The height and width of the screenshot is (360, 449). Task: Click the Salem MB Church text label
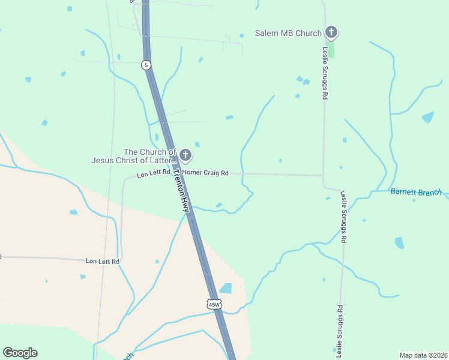click(x=288, y=33)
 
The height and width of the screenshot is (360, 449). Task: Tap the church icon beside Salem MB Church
click(x=330, y=32)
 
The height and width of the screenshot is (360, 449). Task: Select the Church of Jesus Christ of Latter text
click(x=133, y=156)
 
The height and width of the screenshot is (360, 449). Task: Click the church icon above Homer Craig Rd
click(x=185, y=156)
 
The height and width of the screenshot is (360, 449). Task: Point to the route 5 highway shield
click(x=146, y=65)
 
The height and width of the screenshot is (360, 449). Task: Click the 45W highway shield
click(x=214, y=304)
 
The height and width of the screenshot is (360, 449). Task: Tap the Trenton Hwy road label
click(x=181, y=190)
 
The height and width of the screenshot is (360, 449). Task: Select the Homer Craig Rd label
click(x=205, y=173)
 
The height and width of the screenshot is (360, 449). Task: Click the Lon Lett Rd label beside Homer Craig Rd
click(x=154, y=175)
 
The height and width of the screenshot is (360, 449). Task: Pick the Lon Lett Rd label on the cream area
click(x=103, y=261)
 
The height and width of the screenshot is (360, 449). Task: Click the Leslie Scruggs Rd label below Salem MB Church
click(x=325, y=73)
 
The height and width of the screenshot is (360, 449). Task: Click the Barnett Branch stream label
click(x=416, y=192)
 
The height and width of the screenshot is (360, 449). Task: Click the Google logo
click(x=20, y=353)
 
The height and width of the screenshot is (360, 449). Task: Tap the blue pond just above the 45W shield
click(x=226, y=289)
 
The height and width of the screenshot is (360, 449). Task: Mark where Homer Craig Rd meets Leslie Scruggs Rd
click(x=324, y=175)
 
